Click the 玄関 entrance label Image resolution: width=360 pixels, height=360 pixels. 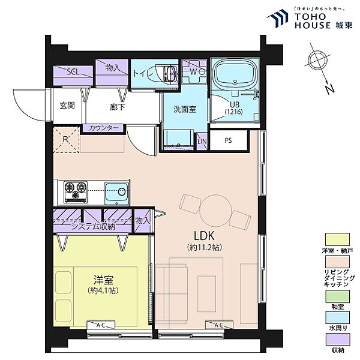(x=67, y=106)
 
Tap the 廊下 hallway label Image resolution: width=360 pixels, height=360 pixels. (x=118, y=107)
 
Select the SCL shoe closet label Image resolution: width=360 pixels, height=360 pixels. (x=73, y=72)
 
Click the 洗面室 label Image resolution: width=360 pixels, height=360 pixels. (x=185, y=109)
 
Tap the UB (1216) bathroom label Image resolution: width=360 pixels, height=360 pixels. (x=234, y=108)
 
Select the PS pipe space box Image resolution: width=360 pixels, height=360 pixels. (x=229, y=140)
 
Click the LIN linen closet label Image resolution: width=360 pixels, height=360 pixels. (x=202, y=141)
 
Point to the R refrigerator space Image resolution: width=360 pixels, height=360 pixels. (x=67, y=140)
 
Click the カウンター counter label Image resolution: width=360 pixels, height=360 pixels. (x=104, y=128)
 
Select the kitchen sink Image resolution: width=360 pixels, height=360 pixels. (x=116, y=193)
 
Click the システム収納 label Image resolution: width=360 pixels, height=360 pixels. (x=93, y=227)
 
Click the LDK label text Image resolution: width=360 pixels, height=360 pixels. (x=204, y=236)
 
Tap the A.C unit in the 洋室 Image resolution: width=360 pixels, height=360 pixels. (x=101, y=325)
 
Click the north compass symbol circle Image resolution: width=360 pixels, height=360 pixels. (x=317, y=59)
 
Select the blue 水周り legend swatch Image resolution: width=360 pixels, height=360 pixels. (x=337, y=317)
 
